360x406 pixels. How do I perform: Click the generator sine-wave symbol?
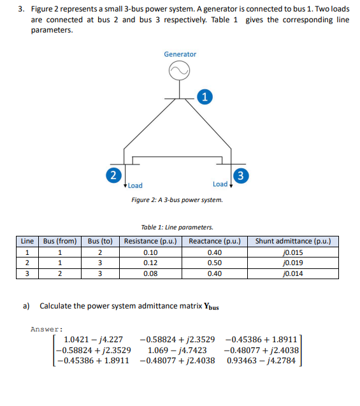(180, 72)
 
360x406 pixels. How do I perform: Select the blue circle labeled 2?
(113, 175)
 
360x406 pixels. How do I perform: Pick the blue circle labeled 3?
(241, 175)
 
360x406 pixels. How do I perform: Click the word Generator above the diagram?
(180, 54)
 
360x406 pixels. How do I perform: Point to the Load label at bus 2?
(135, 185)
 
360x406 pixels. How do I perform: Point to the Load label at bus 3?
(220, 184)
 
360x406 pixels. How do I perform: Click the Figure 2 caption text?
(176, 200)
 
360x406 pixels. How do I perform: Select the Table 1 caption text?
(176, 227)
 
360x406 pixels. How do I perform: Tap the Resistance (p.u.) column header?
(152, 241)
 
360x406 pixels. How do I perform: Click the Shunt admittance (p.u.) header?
(292, 241)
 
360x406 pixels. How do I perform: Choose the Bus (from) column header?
(60, 241)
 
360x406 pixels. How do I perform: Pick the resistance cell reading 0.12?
(152, 263)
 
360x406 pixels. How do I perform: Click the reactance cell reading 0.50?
(214, 263)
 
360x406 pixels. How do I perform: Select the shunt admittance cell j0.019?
(292, 263)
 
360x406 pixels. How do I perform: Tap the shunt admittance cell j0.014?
(292, 273)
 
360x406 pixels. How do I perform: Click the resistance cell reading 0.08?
(152, 273)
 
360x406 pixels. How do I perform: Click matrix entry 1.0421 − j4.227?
(94, 340)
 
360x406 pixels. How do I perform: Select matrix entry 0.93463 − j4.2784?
(263, 360)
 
